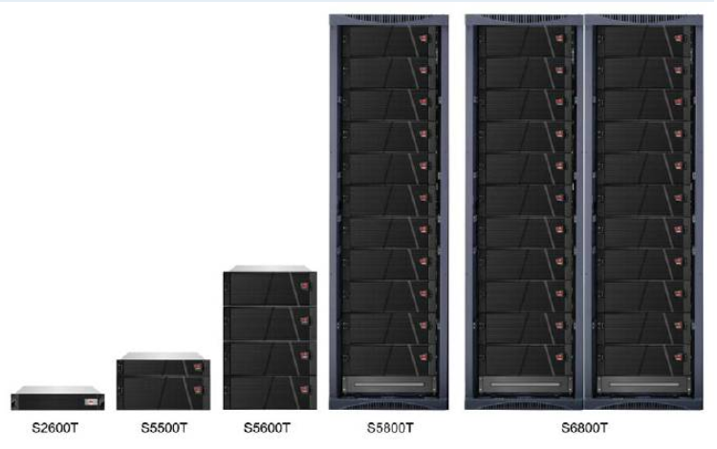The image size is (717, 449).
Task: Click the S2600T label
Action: coord(54,428)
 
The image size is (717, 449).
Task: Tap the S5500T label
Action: coord(164,428)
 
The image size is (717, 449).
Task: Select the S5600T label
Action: coord(267,428)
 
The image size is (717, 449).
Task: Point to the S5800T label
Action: coord(390,428)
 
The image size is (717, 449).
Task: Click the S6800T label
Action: coord(584,428)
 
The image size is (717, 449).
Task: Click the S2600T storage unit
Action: coord(57,398)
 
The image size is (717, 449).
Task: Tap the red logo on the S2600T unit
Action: coord(91,402)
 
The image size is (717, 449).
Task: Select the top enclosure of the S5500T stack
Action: coord(163,368)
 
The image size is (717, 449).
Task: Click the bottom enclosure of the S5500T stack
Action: coord(163,393)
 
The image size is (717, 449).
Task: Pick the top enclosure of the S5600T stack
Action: coord(270,289)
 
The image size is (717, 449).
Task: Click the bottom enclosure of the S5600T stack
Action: coord(270,393)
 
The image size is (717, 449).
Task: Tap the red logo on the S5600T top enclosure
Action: coord(305,286)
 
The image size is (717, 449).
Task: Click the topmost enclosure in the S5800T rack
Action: coord(389,41)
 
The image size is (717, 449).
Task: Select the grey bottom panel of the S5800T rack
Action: coord(389,385)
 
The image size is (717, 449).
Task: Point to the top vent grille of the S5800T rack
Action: coord(389,18)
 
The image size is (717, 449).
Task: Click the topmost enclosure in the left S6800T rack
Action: coord(525,41)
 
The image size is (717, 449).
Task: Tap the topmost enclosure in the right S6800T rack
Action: coord(643,41)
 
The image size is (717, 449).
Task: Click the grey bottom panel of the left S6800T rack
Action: coord(526,385)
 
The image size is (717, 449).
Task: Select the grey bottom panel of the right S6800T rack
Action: coord(643,385)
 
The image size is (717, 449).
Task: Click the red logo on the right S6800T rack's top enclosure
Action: coord(679,38)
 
